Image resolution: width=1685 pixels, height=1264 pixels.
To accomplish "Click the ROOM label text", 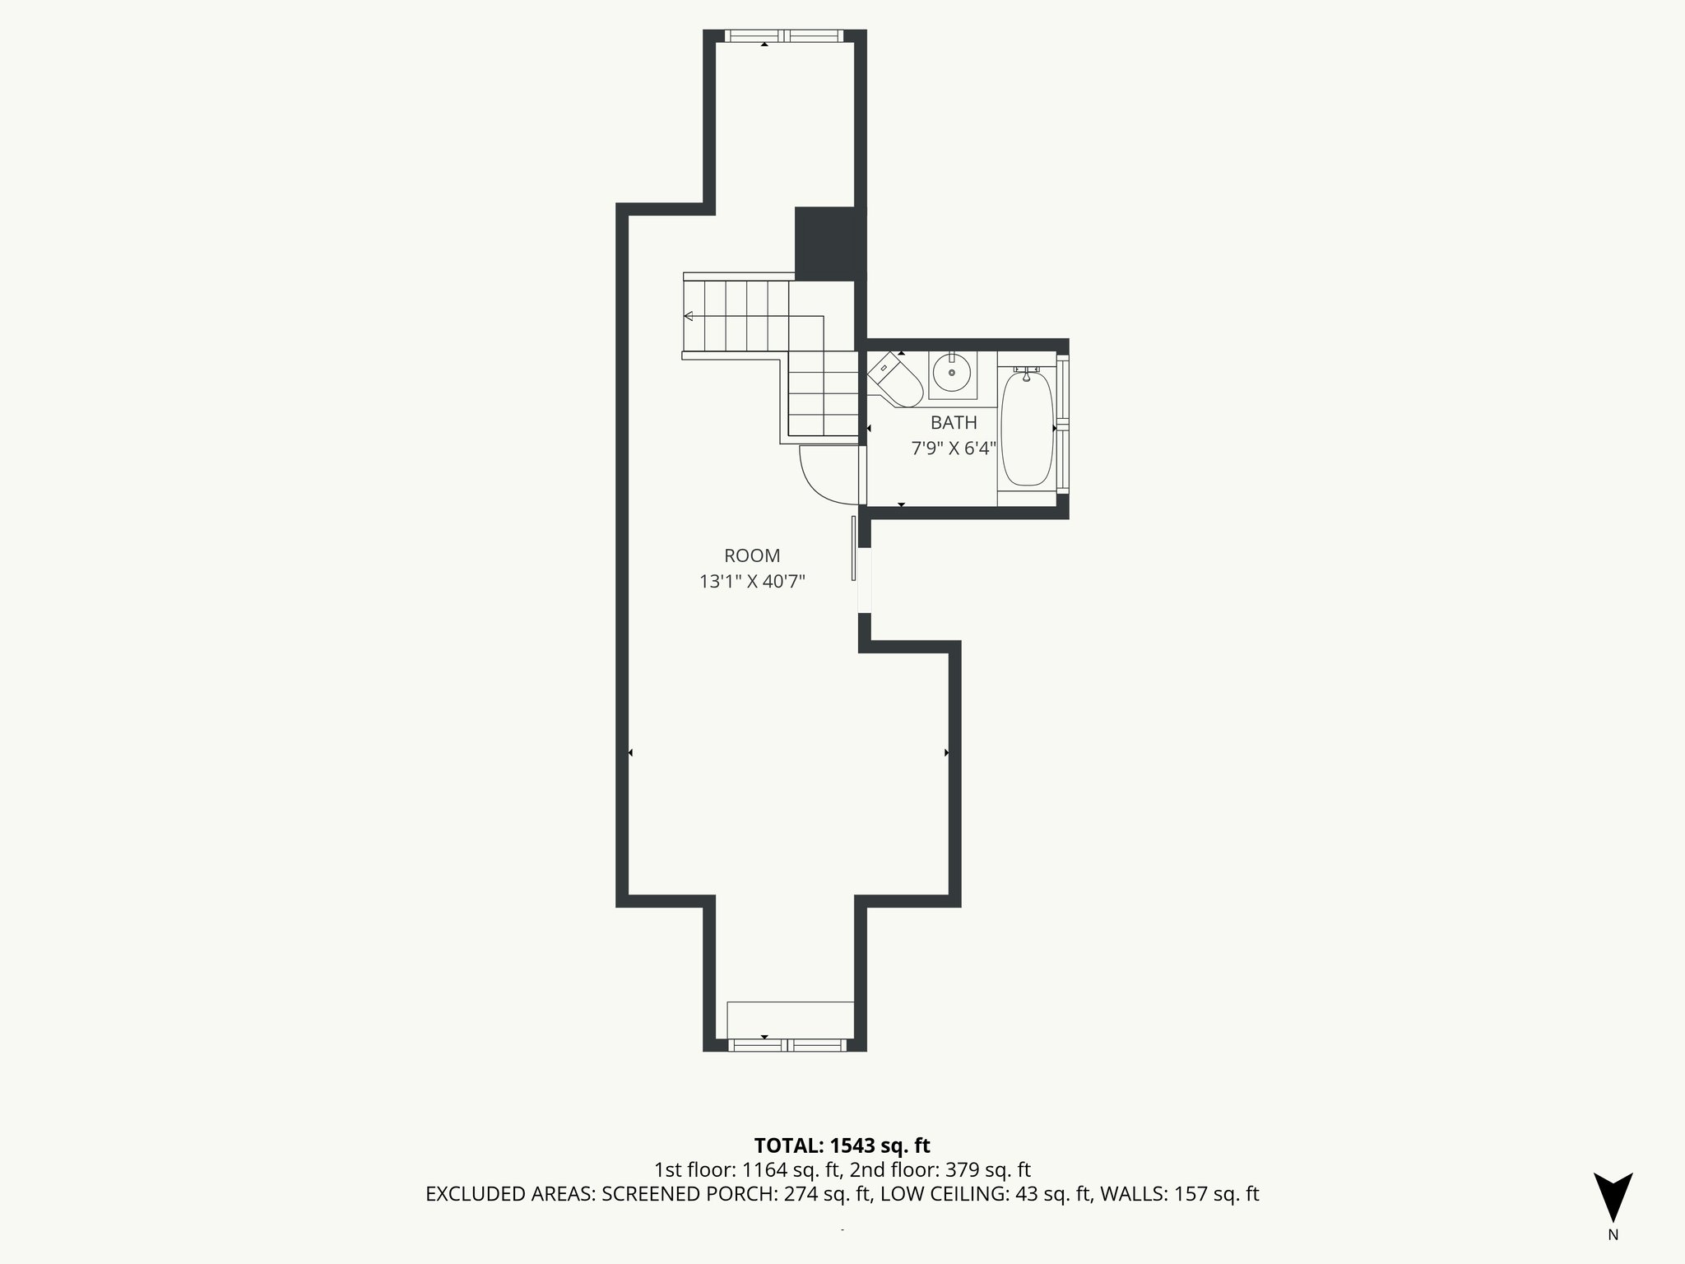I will pyautogui.click(x=751, y=555).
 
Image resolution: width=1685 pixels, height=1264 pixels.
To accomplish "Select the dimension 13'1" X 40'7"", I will pyautogui.click(x=751, y=582).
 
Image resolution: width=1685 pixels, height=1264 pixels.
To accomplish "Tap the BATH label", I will pyautogui.click(x=954, y=423).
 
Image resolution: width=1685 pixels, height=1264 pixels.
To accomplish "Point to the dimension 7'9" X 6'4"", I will pyautogui.click(x=954, y=449).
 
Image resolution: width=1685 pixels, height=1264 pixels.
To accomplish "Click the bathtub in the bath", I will pyautogui.click(x=1027, y=429).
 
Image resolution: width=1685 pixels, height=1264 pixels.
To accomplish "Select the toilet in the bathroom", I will pyautogui.click(x=895, y=380).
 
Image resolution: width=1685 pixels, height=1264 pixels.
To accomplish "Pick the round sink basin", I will pyautogui.click(x=953, y=374).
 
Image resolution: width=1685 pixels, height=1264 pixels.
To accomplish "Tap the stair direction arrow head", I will pyautogui.click(x=689, y=316).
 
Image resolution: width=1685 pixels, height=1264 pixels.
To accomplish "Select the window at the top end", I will pyautogui.click(x=784, y=35).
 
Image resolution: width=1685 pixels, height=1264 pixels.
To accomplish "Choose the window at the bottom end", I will pyautogui.click(x=787, y=1045).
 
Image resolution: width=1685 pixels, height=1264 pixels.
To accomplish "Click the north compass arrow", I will pyautogui.click(x=1613, y=1196).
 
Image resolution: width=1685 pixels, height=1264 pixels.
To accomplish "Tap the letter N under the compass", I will pyautogui.click(x=1613, y=1235).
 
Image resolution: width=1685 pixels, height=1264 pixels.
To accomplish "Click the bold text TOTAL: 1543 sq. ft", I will pyautogui.click(x=842, y=1145).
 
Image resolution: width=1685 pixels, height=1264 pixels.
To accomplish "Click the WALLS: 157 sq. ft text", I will pyautogui.click(x=1179, y=1195).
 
